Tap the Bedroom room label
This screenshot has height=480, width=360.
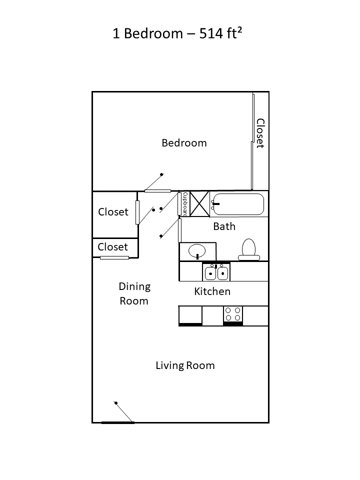coord(184,143)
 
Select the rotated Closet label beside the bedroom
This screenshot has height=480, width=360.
coord(260,133)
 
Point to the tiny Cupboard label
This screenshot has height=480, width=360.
coord(185,203)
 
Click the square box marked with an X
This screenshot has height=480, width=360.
coord(199,203)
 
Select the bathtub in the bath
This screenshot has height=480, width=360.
coord(237,204)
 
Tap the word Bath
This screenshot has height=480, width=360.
coord(224,226)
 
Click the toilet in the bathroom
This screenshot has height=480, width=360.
coord(248,249)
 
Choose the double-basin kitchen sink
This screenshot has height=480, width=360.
coord(216,272)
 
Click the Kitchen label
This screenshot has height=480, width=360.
coord(212,291)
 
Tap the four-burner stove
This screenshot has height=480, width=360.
coord(232,314)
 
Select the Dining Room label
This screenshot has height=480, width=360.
coord(134,293)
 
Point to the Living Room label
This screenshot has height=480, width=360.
coord(185,365)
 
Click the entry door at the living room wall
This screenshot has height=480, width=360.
coord(118,422)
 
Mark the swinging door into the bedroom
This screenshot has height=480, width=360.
coord(157,190)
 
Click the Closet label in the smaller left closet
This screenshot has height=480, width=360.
coord(112,247)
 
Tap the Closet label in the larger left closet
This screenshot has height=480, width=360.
coord(113,212)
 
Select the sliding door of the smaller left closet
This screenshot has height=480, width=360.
coord(114,257)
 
